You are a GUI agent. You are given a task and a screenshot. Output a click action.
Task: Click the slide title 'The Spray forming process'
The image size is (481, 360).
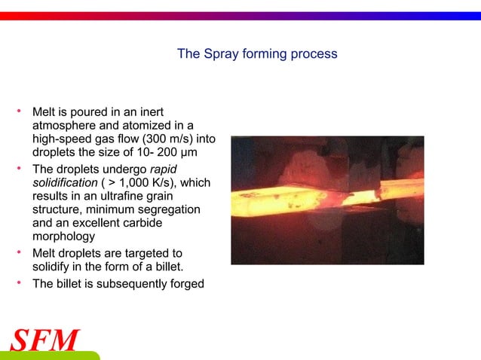pyautogui.click(x=256, y=54)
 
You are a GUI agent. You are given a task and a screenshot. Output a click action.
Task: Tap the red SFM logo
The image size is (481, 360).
pyautogui.click(x=44, y=340)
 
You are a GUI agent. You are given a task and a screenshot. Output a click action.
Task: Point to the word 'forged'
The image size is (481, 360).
pyautogui.click(x=185, y=283)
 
